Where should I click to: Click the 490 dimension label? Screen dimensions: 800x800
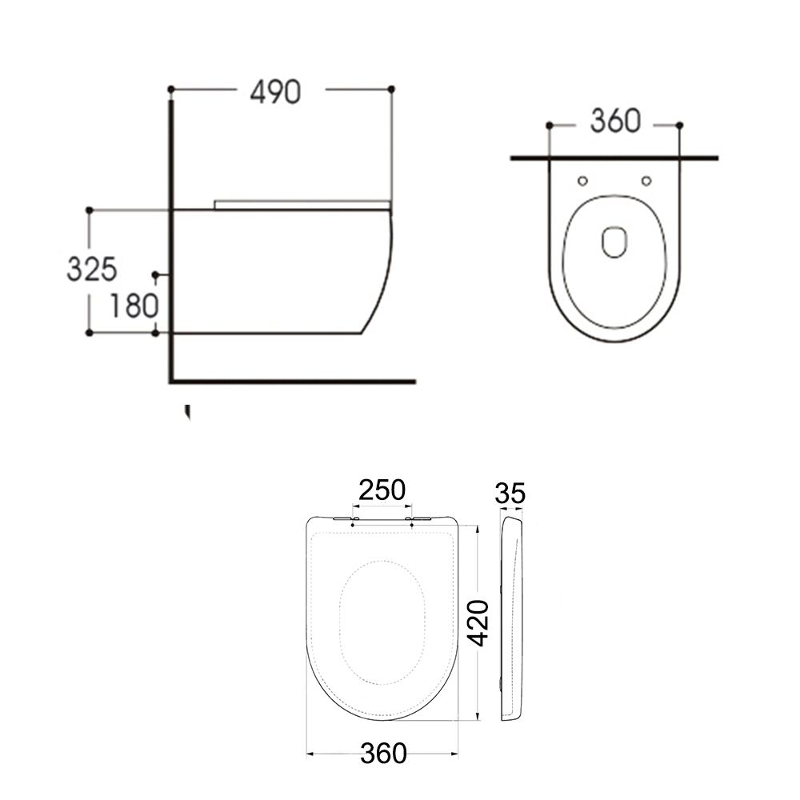click(276, 92)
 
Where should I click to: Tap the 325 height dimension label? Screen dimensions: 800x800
click(91, 270)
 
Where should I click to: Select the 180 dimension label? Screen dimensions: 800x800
click(133, 305)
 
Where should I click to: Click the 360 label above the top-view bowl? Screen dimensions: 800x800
click(615, 122)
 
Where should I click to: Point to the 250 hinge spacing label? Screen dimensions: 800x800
click(382, 489)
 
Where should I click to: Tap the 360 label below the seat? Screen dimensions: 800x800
click(382, 753)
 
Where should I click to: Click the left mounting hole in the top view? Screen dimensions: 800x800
click(582, 180)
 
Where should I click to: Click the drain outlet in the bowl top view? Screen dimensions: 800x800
click(614, 242)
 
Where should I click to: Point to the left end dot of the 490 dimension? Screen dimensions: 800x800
click(171, 88)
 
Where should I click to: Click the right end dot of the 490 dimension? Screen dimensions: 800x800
click(391, 88)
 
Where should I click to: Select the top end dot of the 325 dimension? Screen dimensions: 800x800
click(90, 210)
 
